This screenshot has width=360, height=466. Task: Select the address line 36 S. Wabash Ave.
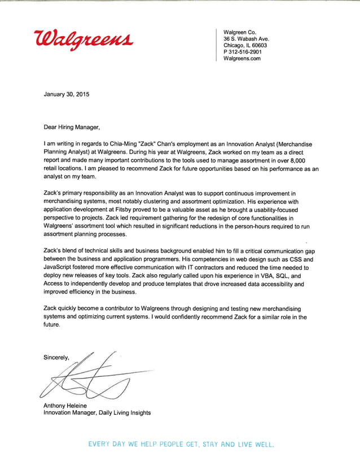tap(247, 39)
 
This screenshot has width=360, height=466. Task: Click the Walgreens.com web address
tap(242, 58)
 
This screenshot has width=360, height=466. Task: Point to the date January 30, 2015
tap(66, 94)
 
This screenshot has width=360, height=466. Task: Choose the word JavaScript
tap(62, 267)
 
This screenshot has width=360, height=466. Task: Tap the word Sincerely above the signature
tap(57, 357)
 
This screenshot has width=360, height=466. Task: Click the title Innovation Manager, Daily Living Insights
tap(97, 413)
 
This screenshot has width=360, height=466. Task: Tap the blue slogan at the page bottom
tap(181, 445)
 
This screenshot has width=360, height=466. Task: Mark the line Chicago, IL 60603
tap(245, 45)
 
